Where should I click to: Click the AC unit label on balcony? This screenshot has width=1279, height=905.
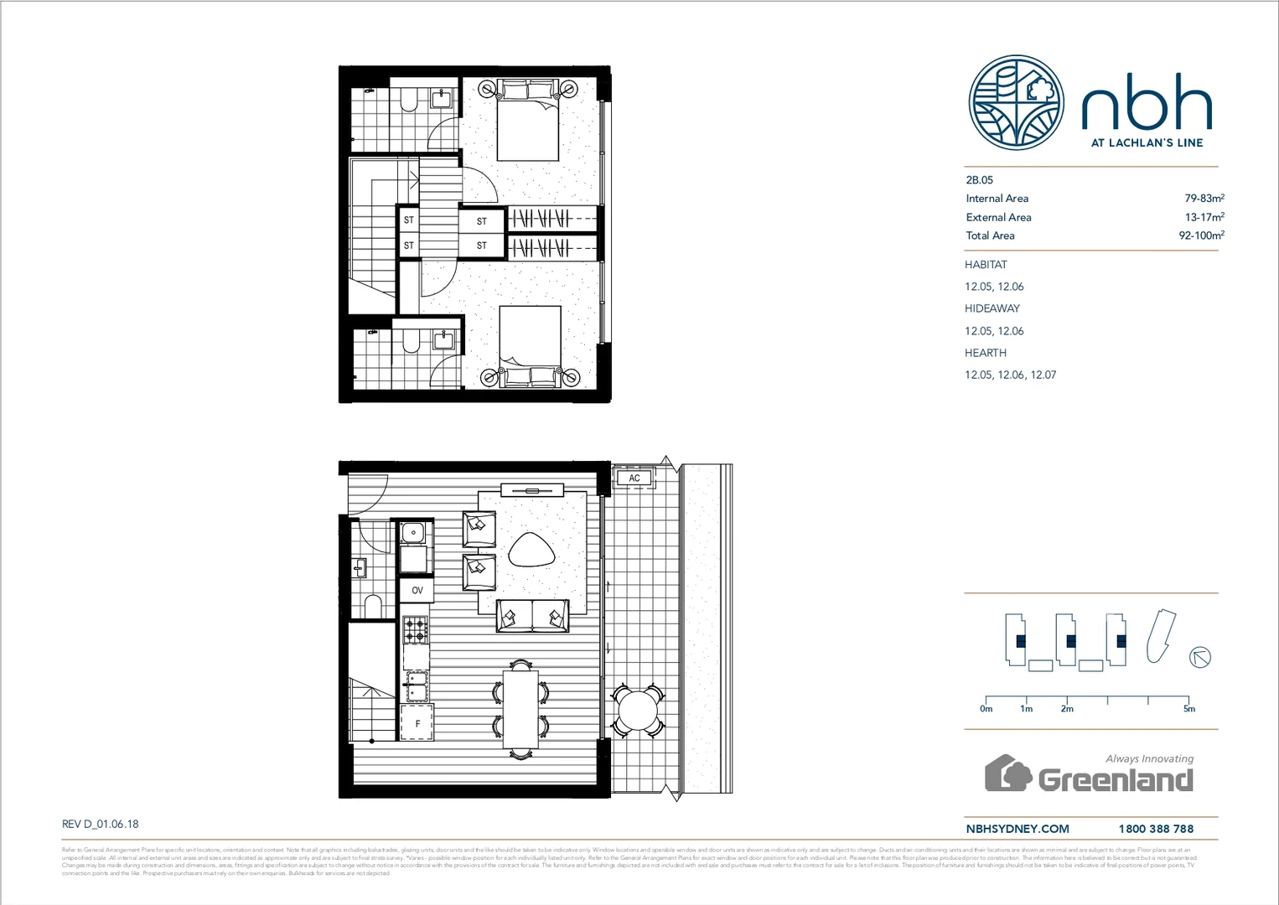click(x=634, y=478)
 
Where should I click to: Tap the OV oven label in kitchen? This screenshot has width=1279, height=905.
click(x=417, y=591)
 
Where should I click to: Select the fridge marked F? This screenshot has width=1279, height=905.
click(x=417, y=723)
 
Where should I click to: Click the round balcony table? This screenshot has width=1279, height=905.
click(x=638, y=711)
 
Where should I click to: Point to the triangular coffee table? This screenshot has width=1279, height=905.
click(x=531, y=551)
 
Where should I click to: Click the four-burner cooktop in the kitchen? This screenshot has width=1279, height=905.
click(x=417, y=629)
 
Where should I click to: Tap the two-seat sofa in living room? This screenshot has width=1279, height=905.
click(x=532, y=616)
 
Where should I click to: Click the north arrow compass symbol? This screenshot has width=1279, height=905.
click(x=1200, y=657)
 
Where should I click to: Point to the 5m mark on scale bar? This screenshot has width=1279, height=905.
click(x=1188, y=708)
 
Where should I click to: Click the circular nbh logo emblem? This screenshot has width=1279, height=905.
click(x=1016, y=103)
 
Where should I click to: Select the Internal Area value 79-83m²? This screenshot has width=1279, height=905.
click(x=1204, y=199)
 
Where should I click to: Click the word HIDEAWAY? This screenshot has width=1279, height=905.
click(x=992, y=308)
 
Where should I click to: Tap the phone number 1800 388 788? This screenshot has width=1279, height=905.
click(x=1156, y=829)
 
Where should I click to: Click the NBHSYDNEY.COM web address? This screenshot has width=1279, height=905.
click(x=1018, y=829)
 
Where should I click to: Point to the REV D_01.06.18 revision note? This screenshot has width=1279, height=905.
click(x=101, y=824)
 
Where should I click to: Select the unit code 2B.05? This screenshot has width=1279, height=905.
click(x=979, y=180)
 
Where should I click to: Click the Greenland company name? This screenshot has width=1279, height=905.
click(x=1115, y=780)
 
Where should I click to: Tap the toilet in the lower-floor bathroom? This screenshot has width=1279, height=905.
click(x=373, y=605)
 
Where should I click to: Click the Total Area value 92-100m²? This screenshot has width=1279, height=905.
click(x=1201, y=235)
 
